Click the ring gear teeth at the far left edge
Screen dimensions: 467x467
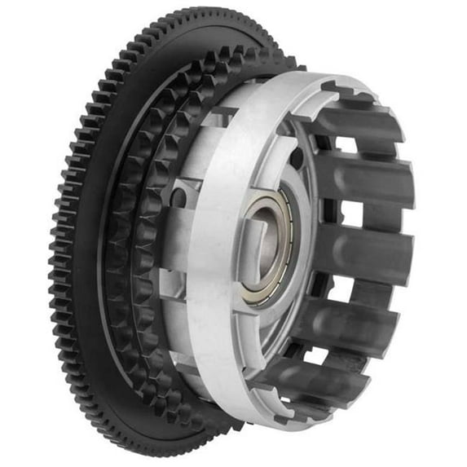(x=55, y=245)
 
